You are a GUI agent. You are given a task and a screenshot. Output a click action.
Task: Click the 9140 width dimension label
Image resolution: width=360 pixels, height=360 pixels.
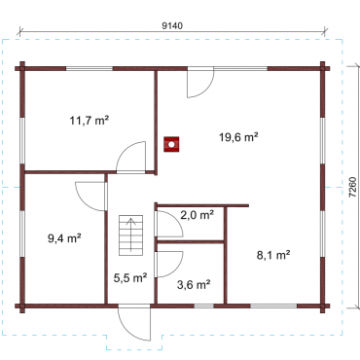pyautogui.click(x=172, y=26)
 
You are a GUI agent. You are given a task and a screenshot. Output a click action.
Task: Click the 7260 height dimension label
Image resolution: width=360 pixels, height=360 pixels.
pyautogui.click(x=353, y=188)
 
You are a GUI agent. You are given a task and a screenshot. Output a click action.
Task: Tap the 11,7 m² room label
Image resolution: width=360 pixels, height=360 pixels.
pyautogui.click(x=90, y=121)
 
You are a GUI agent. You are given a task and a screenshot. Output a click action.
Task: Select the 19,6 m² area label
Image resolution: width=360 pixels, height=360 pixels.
pyautogui.click(x=238, y=137)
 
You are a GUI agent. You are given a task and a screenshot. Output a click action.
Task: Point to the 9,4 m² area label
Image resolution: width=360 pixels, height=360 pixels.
pyautogui.click(x=64, y=238)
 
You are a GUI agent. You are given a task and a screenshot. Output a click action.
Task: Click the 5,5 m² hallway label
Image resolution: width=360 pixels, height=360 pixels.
pyautogui.click(x=130, y=277)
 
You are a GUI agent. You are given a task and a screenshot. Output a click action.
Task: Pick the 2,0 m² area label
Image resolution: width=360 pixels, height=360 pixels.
pyautogui.click(x=197, y=215)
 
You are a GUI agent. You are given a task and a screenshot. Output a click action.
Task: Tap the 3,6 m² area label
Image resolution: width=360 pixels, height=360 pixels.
pyautogui.click(x=194, y=285)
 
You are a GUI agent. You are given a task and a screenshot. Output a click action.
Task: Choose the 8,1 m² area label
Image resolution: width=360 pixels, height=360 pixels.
pyautogui.click(x=273, y=255)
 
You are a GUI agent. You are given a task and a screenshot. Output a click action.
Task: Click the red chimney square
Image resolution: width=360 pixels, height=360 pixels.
pyautogui.click(x=171, y=144)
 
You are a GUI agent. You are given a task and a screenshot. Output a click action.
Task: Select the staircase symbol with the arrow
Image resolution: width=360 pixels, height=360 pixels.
pyautogui.click(x=130, y=235)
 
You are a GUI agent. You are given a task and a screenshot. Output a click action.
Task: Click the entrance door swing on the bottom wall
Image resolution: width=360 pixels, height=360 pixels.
pyautogui.click(x=134, y=322)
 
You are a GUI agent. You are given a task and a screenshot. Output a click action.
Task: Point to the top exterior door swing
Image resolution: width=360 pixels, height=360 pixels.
pyautogui.click(x=200, y=83)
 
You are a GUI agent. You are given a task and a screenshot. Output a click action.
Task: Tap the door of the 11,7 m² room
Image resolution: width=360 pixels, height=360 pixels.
pyautogui.click(x=130, y=157)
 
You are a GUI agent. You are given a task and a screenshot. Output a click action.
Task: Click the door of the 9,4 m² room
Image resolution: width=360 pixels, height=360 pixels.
pyautogui.click(x=91, y=197)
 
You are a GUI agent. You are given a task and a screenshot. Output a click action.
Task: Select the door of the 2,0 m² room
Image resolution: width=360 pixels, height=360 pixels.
pyautogui.click(x=169, y=224)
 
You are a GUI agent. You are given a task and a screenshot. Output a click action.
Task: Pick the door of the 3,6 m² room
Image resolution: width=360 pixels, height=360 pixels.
pyautogui.click(x=169, y=264)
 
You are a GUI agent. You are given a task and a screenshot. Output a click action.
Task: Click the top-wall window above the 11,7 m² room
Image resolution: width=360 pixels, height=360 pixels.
pyautogui.click(x=90, y=69)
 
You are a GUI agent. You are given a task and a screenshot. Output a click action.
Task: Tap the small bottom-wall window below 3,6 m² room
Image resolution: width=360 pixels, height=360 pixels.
pyautogui.click(x=204, y=306)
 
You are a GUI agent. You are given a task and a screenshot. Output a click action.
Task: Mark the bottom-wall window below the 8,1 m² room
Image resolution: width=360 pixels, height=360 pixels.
pyautogui.click(x=273, y=306)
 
